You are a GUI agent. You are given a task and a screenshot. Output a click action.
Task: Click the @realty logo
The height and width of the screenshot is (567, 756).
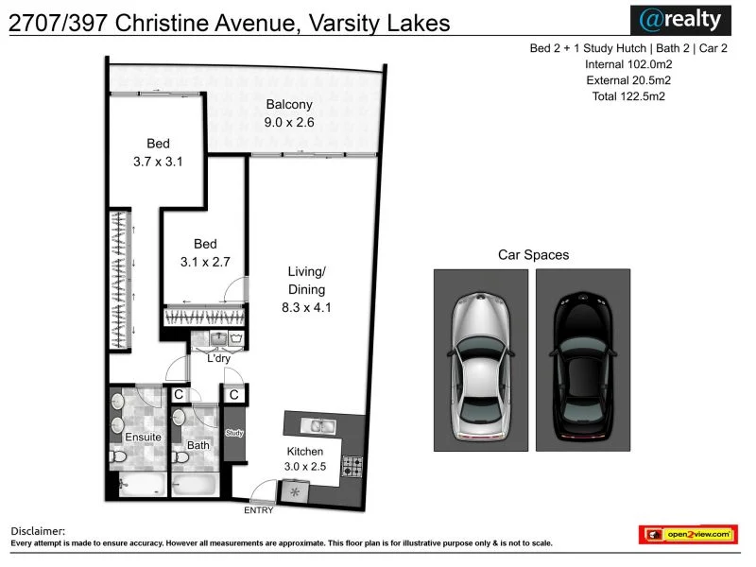coord(680,19)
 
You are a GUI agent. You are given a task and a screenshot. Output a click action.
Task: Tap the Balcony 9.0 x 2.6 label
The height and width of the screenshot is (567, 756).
coord(289,113)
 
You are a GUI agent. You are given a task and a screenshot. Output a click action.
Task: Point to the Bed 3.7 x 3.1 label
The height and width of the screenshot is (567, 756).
coord(157,152)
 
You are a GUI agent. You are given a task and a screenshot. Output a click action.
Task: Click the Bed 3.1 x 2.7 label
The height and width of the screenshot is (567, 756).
coord(205,252)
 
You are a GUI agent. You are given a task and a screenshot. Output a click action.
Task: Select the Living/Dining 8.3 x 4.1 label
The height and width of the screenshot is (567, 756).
coord(306,289)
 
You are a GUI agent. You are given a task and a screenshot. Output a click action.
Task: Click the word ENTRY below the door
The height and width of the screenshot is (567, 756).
coord(258,511)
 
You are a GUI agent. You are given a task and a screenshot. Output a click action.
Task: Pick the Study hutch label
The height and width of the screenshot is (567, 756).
coord(234,433)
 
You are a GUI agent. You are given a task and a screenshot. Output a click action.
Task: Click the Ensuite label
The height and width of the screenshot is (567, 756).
coord(143,438)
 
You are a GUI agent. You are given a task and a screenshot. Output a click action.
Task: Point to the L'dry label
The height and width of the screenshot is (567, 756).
coord(218,358)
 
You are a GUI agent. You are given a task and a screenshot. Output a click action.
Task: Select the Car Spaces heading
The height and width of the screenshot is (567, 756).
coord(533,255)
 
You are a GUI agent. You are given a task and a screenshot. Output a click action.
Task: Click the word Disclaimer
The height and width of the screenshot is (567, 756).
coord(38,532)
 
